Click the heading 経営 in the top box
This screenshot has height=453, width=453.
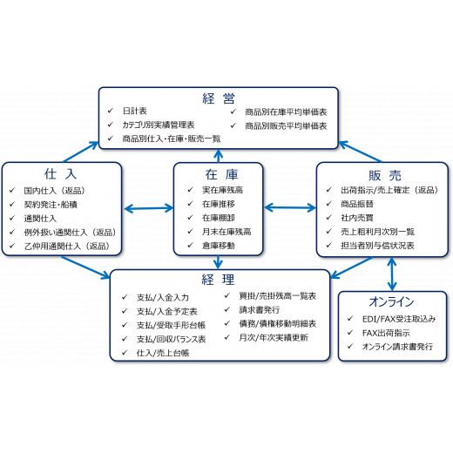click(219, 98)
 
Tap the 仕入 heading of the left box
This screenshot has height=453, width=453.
click(61, 174)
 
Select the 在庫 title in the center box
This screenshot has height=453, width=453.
click(221, 174)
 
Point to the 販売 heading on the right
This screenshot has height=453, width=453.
click(385, 176)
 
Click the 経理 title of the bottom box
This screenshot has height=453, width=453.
click(218, 280)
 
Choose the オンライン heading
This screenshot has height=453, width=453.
click(391, 301)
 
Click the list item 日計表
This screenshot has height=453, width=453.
click(135, 111)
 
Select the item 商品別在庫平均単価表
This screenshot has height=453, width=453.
click(286, 112)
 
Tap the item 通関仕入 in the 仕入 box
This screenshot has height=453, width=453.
click(40, 219)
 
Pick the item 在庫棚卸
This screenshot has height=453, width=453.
click(219, 218)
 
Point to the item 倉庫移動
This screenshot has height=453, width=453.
click(219, 246)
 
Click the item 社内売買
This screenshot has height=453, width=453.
click(357, 218)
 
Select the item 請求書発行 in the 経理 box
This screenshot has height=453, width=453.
click(260, 309)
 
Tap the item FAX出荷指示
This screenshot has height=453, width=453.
click(386, 333)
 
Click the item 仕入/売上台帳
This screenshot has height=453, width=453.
click(163, 353)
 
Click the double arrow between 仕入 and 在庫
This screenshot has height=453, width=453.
click(148, 208)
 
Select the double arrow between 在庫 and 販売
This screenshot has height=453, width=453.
click(290, 207)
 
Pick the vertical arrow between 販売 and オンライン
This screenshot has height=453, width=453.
click(392, 274)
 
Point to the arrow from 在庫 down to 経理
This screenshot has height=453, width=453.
click(218, 262)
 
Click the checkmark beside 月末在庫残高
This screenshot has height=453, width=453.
click(191, 231)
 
